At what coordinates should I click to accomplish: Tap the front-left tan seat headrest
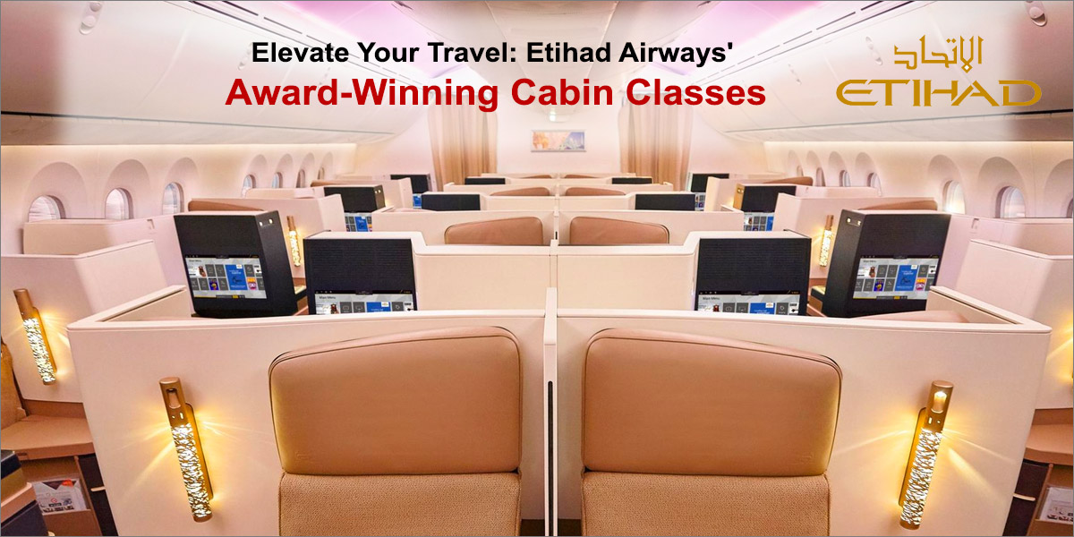click(396, 401)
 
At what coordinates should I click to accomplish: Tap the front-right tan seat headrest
click(711, 401)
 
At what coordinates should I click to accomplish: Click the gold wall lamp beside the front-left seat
click(185, 447)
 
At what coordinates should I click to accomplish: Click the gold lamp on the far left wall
click(36, 336)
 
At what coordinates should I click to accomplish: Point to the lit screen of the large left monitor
click(225, 277)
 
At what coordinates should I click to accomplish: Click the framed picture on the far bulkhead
click(558, 140)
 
